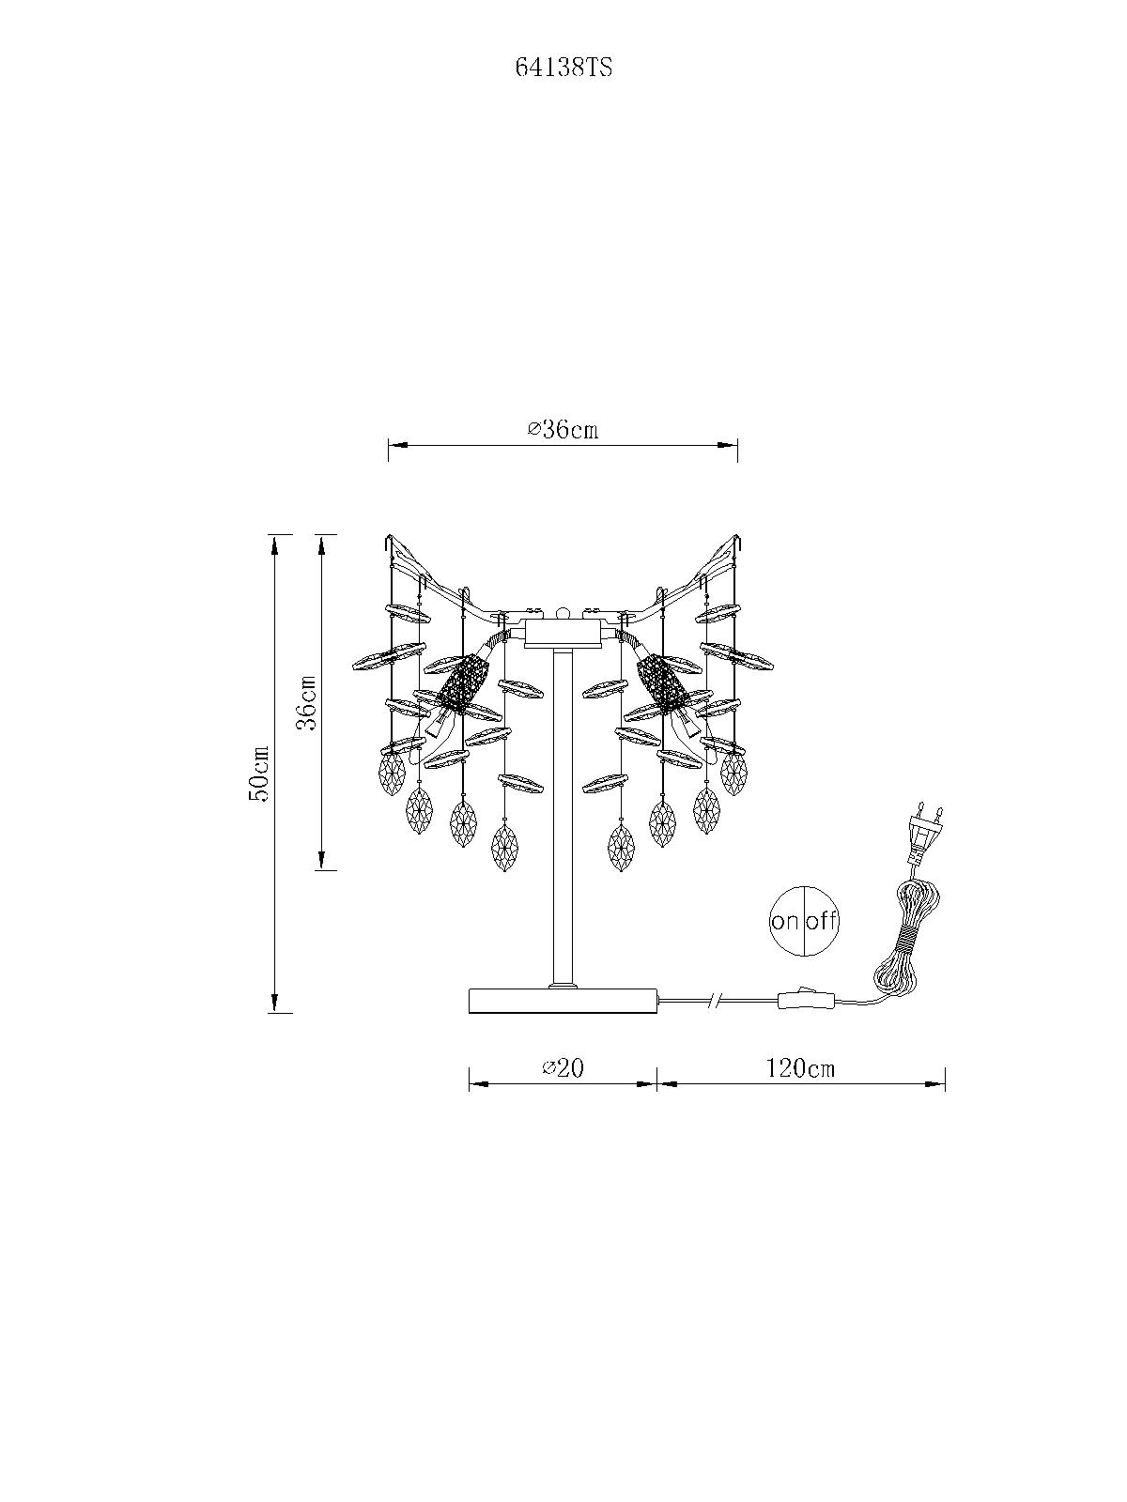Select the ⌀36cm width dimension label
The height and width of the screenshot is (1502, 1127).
tap(563, 429)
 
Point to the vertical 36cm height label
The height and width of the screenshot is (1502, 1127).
tap(306, 704)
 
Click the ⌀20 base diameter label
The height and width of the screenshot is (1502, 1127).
tap(563, 1067)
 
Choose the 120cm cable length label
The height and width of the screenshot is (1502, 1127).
tap(800, 1067)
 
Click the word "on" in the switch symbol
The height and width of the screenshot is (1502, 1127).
tap(785, 921)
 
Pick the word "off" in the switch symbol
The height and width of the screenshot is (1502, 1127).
tap(821, 920)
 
